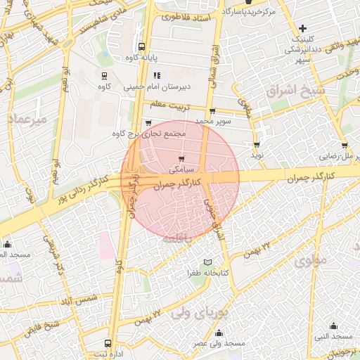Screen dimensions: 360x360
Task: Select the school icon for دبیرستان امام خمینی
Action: click(157, 75)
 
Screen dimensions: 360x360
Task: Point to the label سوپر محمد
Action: click(213, 122)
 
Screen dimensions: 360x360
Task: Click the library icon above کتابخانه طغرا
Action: click(208, 262)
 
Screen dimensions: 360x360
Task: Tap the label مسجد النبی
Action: click(333, 337)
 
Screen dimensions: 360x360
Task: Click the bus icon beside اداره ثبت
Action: click(108, 344)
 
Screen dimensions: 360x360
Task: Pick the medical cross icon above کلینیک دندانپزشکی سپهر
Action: click(302, 29)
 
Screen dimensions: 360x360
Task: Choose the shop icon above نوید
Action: click(257, 144)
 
